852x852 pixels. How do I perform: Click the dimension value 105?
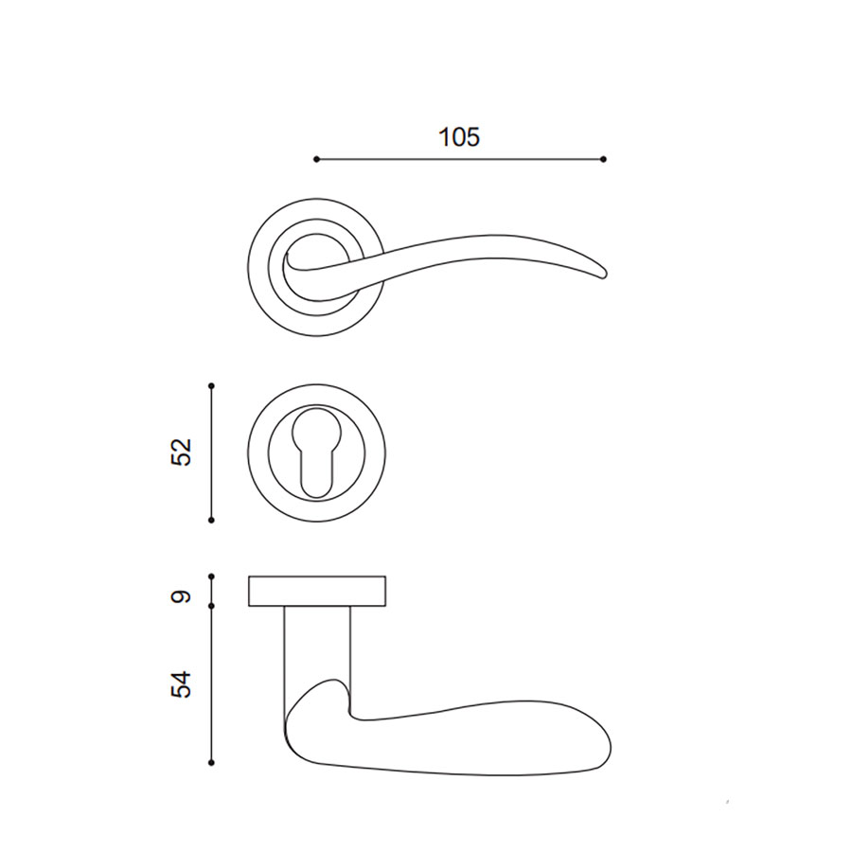pos(459,137)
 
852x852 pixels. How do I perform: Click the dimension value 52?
pos(182,452)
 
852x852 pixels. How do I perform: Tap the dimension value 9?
pos(182,596)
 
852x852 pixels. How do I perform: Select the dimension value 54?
pos(182,684)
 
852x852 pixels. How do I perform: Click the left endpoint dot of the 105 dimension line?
pos(317,159)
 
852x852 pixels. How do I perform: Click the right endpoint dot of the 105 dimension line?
pos(604,159)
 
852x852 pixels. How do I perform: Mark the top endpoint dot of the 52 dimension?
pos(211,386)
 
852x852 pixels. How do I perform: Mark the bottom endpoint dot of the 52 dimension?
pos(211,520)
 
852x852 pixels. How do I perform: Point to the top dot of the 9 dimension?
pos(211,576)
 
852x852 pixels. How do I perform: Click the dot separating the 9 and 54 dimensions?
pos(211,605)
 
